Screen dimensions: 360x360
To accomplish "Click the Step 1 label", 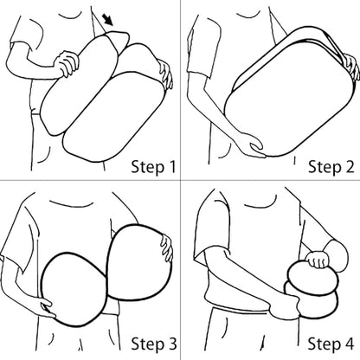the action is click(153, 167).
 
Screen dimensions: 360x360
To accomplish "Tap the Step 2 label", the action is click(331, 167).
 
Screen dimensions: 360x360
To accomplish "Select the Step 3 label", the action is click(154, 344).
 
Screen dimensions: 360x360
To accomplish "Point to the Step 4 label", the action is click(331, 344).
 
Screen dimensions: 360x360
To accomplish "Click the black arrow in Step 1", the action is click(108, 20).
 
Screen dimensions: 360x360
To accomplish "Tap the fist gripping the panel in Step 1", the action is click(67, 63).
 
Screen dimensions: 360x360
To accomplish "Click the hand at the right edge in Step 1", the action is click(165, 74).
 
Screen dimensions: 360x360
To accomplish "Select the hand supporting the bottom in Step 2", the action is click(254, 145).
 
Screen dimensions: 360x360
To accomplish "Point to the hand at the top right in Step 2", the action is click(351, 67).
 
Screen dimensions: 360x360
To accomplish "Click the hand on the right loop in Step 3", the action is click(167, 248).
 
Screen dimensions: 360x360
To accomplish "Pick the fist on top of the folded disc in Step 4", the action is click(318, 260).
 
